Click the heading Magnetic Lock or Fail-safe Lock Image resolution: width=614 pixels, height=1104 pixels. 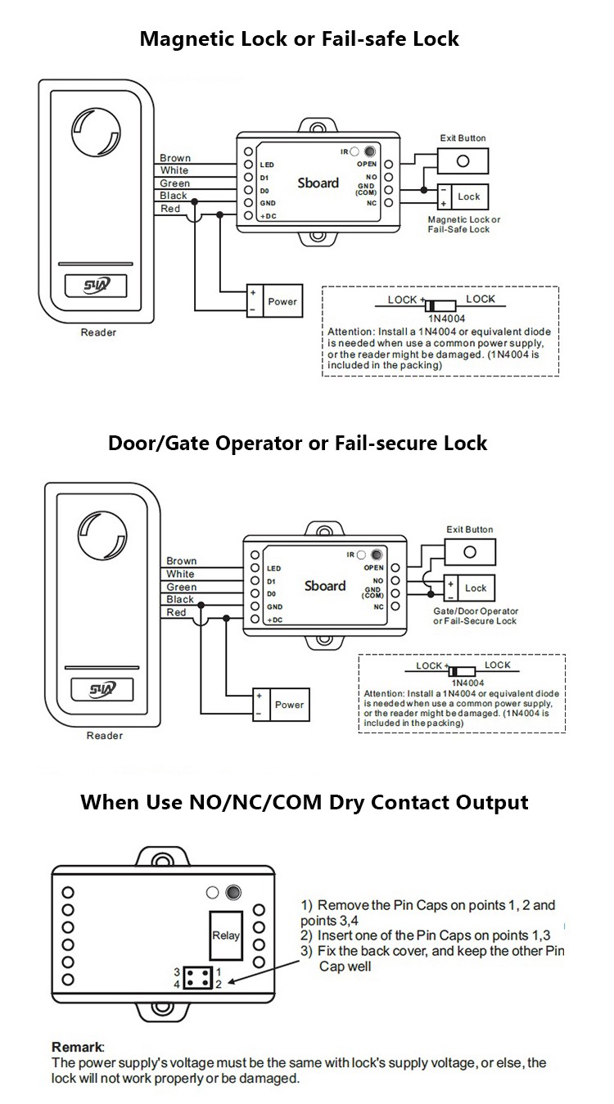tap(299, 38)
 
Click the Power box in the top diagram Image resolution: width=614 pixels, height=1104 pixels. tap(273, 301)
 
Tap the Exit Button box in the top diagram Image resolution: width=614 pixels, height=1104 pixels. tap(463, 160)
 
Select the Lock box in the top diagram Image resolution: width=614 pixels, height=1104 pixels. tap(463, 196)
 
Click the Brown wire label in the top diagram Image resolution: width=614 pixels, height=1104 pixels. tap(174, 158)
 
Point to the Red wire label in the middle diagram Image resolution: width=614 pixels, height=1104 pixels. tap(176, 612)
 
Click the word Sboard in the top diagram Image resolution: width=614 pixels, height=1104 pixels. tap(318, 182)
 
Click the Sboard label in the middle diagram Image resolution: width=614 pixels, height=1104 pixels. tap(325, 586)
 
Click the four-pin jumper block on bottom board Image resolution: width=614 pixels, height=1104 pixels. tap(196, 977)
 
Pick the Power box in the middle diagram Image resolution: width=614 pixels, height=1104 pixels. tap(280, 705)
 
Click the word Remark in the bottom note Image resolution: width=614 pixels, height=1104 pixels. tap(78, 1047)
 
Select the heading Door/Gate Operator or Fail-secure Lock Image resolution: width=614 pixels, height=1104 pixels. tap(297, 443)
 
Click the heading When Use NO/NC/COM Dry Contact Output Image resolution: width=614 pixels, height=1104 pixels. tap(304, 801)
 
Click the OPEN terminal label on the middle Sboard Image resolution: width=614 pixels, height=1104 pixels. tap(373, 567)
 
